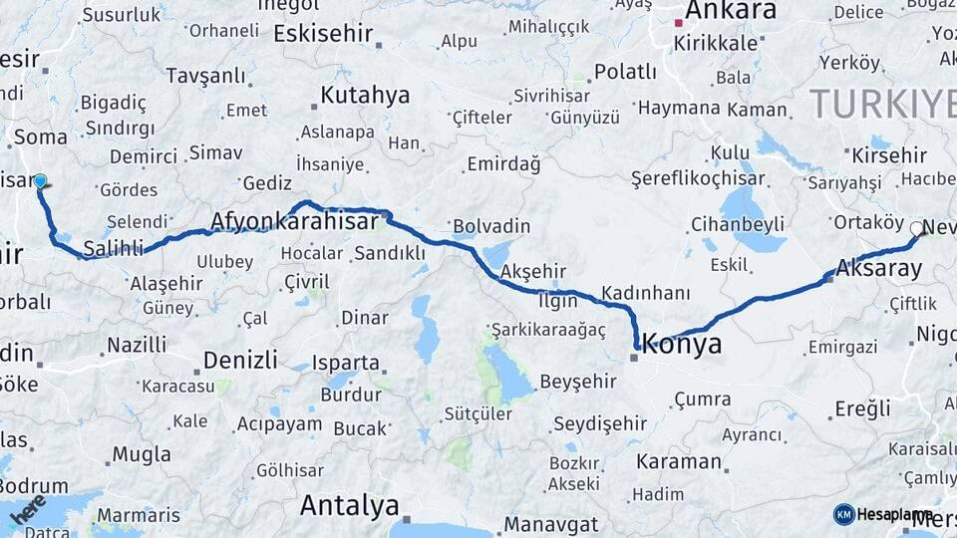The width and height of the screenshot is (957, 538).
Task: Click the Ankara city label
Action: pos(731,11)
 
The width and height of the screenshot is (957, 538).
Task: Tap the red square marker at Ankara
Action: pos(678,23)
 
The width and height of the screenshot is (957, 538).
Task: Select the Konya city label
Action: pos(682,345)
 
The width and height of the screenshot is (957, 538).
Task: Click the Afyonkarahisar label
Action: pos(294,221)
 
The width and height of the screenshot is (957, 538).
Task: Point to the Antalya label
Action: pos(349,506)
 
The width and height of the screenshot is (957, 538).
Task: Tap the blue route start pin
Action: pos(40,181)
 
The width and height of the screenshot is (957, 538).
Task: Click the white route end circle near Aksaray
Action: pos(916,228)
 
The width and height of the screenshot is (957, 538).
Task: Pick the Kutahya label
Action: pos(365,96)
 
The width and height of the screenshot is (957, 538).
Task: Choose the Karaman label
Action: pos(678,462)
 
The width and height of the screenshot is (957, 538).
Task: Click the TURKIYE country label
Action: pos(881,102)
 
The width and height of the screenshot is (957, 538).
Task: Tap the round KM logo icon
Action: pos(844,514)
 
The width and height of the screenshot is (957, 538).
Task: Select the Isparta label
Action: pos(345,363)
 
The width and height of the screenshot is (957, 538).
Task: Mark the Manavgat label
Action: pos(550,524)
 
